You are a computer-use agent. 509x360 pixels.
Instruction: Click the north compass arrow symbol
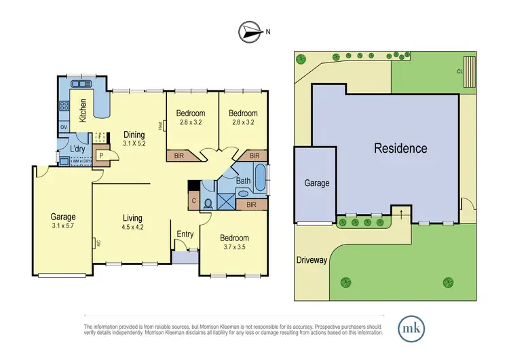coord(250,31)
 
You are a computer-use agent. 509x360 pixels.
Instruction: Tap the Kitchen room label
coord(83,109)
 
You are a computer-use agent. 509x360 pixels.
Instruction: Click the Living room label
coord(132,218)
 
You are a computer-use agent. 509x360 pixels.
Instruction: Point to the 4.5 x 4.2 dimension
coord(132,228)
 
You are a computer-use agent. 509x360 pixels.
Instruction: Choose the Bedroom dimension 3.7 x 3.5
coord(233,249)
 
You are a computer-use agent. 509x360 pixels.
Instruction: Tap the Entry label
coord(185,234)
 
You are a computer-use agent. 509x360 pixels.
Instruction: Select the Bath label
coord(243,181)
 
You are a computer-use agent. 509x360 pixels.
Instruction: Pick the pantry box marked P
coord(100,156)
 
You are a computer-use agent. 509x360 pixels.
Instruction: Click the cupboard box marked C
coord(194,200)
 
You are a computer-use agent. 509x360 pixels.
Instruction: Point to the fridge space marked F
coord(100,137)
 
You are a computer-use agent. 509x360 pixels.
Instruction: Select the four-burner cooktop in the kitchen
coord(65,105)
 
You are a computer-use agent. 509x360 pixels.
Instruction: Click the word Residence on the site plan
coord(400,148)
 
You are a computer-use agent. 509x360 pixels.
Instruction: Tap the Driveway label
coord(311,260)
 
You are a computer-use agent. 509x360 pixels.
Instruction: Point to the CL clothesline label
coord(460,71)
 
